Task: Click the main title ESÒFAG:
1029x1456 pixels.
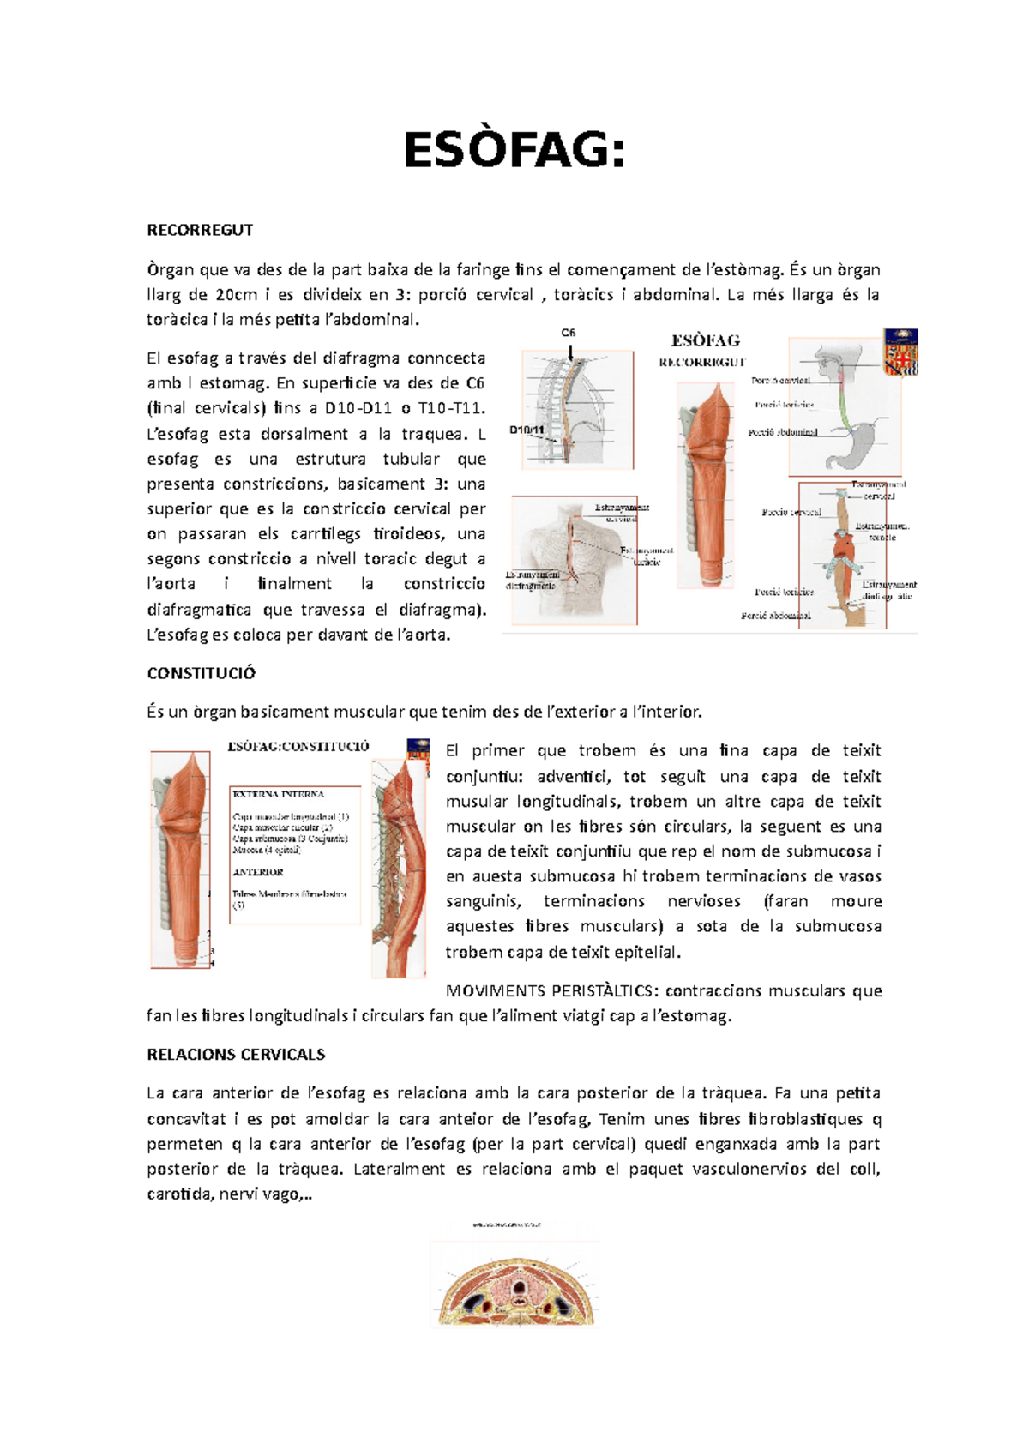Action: pos(514,152)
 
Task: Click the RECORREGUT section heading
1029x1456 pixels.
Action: pos(200,230)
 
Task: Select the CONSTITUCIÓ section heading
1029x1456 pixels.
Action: pos(202,673)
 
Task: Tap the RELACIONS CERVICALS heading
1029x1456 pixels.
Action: pos(236,1054)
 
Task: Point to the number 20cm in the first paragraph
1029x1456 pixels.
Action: pos(236,295)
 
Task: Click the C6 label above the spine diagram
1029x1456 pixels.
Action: pos(569,333)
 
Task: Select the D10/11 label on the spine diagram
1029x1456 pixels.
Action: pos(527,430)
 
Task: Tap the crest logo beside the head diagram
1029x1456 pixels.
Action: pos(900,352)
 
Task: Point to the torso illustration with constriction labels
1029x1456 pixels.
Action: pos(573,561)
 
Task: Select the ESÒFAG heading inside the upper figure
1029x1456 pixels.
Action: pos(705,340)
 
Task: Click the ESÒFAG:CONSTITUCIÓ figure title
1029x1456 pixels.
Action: pos(298,746)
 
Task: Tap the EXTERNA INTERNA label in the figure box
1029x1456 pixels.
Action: pos(278,794)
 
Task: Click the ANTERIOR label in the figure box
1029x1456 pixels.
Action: pos(257,872)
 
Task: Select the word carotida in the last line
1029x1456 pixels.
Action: pos(179,1194)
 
